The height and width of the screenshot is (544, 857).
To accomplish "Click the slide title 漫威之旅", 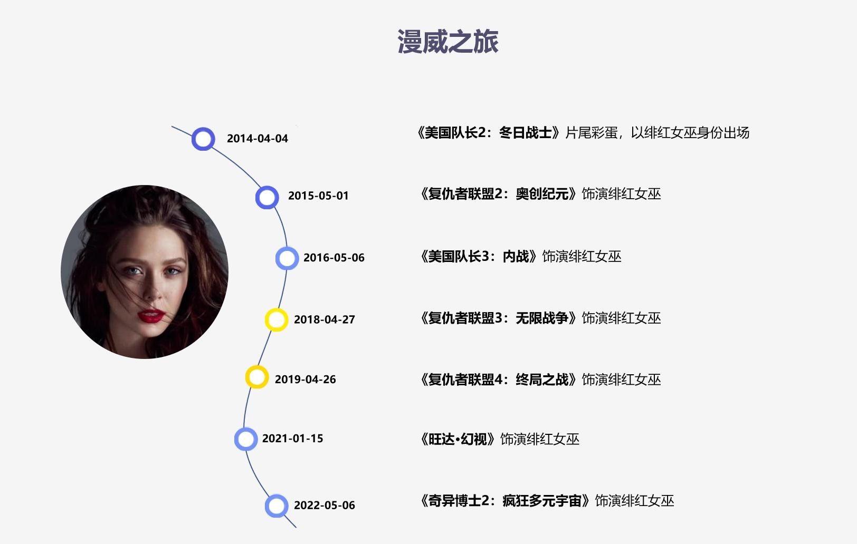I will [447, 42].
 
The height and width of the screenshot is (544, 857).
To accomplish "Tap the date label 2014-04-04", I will [258, 139].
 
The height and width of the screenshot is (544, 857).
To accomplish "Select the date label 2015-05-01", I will [318, 196].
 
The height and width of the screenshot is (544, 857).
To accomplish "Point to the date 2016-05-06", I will [334, 258].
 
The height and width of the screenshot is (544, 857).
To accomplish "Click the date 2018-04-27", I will [324, 319].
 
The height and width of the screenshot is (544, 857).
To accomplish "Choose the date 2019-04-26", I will [305, 380].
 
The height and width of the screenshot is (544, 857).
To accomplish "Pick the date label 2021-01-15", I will [292, 439].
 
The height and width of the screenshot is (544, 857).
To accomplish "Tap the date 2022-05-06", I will [324, 506].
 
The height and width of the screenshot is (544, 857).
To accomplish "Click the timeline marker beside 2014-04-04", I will [203, 139].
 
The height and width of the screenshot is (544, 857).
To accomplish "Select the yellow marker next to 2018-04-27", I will [276, 320].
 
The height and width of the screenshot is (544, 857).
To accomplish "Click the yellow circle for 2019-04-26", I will [257, 377].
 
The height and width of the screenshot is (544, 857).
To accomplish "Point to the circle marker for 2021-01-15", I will [245, 439].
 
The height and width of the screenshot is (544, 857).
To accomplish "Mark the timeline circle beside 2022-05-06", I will [277, 506].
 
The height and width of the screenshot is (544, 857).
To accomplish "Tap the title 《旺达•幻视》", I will [458, 439].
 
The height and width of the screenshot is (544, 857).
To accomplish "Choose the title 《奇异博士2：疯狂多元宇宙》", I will [505, 501].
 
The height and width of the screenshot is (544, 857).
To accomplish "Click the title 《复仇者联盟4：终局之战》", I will [498, 380].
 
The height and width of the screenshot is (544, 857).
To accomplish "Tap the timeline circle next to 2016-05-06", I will [287, 258].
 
